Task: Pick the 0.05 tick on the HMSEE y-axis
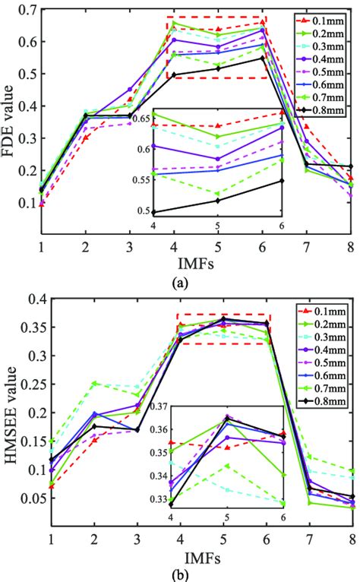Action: [29, 498]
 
